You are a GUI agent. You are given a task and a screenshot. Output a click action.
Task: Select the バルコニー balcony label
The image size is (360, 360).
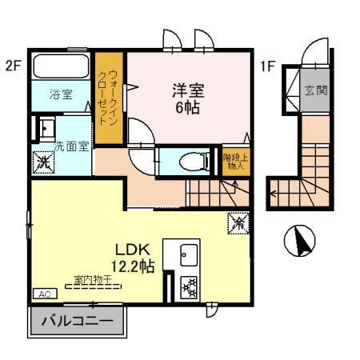[x=77, y=323]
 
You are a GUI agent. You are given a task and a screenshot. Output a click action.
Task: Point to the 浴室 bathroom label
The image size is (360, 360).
[x=62, y=94]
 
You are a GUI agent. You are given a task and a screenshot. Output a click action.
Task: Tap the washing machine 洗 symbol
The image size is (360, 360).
[x=43, y=162]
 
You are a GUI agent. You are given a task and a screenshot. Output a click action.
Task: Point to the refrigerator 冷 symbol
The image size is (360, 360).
[x=238, y=220]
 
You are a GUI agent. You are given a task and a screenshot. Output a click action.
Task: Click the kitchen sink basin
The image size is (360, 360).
[x=186, y=256]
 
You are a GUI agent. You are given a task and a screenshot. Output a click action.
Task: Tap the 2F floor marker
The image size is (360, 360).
[x=11, y=66]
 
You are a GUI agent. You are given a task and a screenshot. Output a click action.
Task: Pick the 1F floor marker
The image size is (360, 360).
[x=266, y=66]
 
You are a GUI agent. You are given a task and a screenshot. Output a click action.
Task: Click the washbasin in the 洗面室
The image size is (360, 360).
[x=45, y=128]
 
